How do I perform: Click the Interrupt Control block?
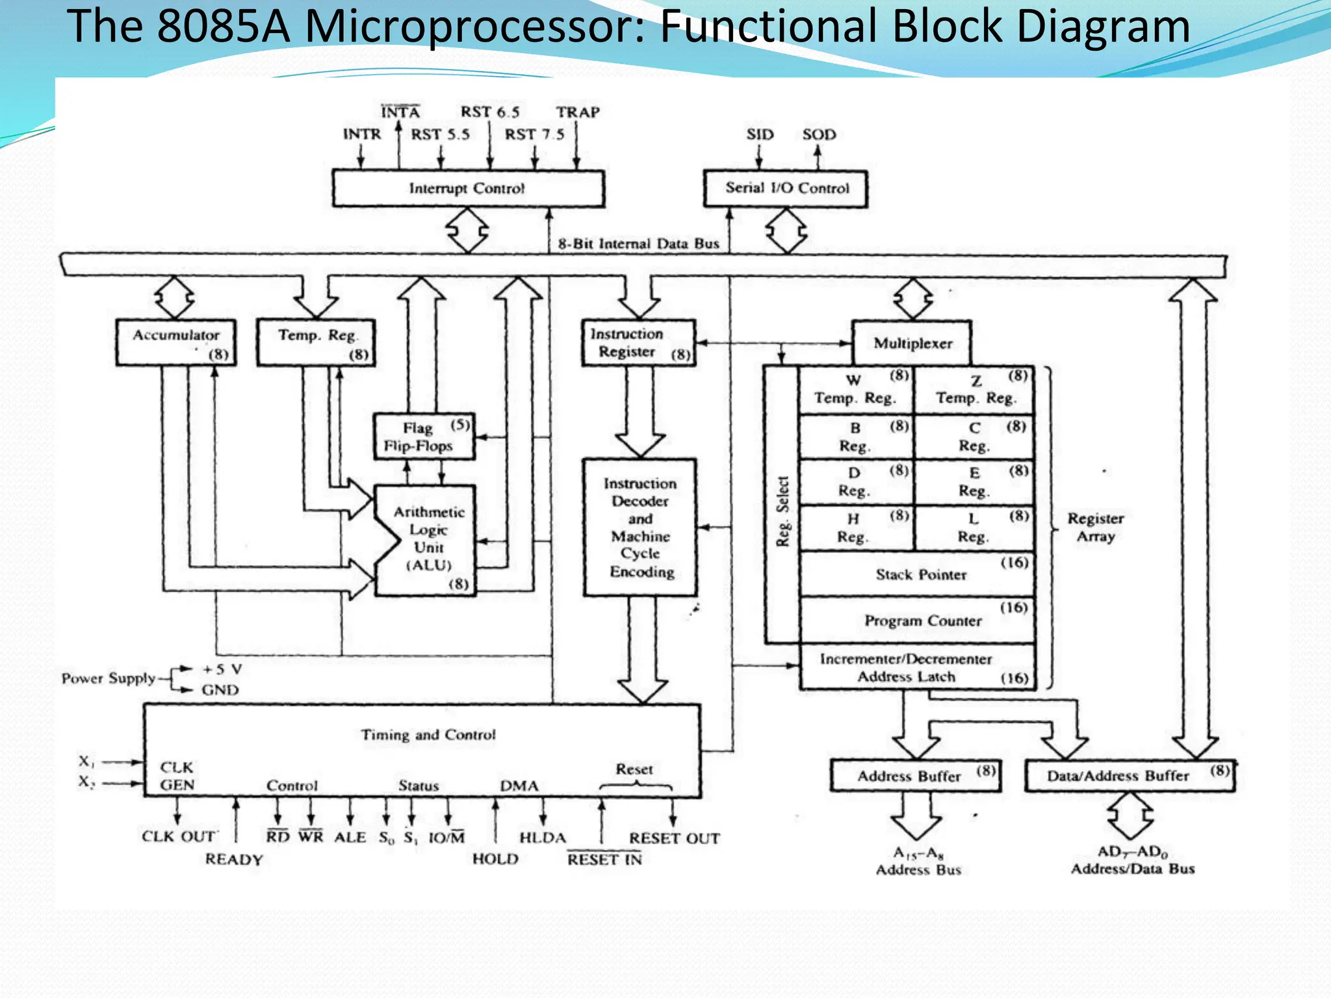[467, 188]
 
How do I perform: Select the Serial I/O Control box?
[786, 188]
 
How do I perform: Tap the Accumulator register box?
[176, 342]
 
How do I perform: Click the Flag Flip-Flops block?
[424, 437]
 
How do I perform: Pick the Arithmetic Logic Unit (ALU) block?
[428, 539]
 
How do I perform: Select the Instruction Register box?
[638, 343]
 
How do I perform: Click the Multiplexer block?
[912, 343]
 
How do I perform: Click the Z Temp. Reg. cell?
[974, 390]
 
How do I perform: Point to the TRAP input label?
[578, 112]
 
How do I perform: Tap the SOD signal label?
[819, 134]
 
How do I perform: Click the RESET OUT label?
[674, 838]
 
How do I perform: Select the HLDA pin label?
[543, 838]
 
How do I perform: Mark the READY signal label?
[234, 860]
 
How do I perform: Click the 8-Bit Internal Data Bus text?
[638, 244]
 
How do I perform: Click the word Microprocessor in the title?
[473, 27]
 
